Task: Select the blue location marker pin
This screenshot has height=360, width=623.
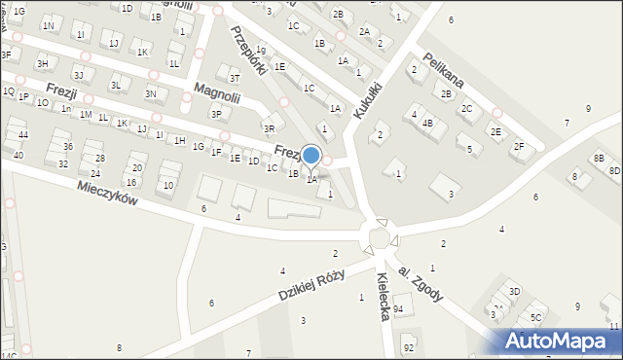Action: (x=311, y=156)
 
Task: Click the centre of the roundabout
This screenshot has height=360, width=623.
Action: (x=379, y=237)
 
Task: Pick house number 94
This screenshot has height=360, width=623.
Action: (x=398, y=308)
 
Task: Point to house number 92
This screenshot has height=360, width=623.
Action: (x=409, y=347)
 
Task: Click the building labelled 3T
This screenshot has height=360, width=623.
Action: (x=235, y=78)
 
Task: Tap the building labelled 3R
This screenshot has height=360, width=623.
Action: (x=269, y=128)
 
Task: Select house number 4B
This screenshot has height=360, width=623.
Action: (x=427, y=124)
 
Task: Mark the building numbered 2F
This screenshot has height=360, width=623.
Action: (x=519, y=146)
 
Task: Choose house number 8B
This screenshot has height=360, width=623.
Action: (x=599, y=159)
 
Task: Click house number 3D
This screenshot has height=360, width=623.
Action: (x=514, y=291)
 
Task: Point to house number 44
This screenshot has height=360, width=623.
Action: (x=22, y=134)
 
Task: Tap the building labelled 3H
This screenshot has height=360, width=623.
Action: (x=42, y=64)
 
